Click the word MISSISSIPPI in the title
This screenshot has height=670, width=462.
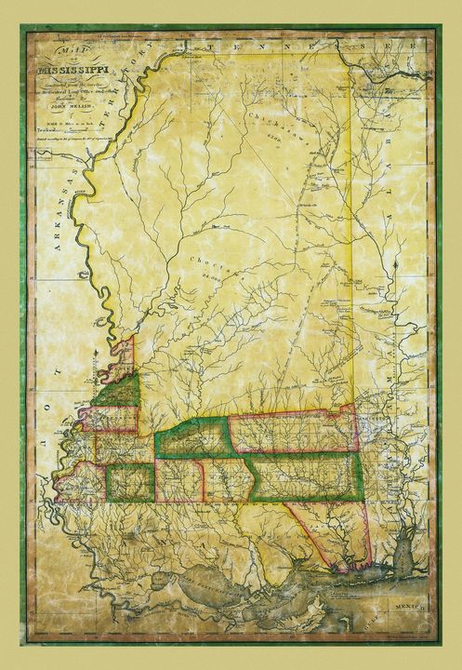click(72, 69)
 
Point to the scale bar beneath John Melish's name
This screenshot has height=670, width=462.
click(59, 131)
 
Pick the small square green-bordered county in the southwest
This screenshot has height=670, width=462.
click(129, 482)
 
